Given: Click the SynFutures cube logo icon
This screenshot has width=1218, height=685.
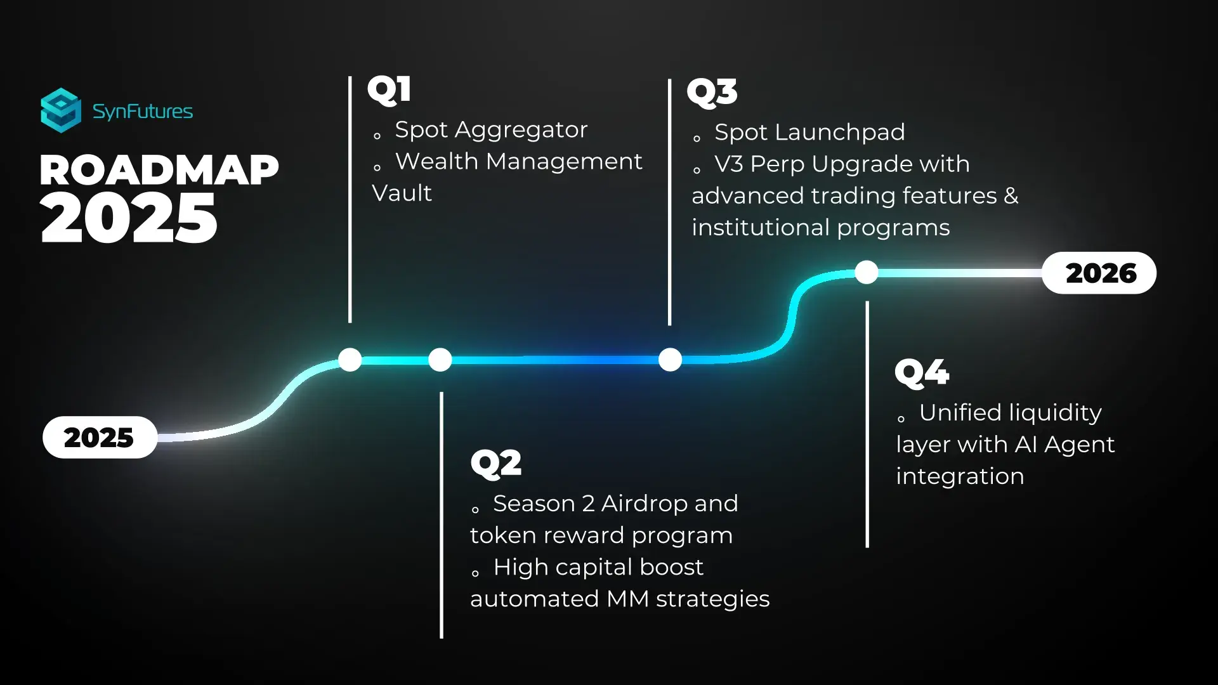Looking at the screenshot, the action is click(61, 110).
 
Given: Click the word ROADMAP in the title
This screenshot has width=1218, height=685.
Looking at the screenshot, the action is click(159, 170).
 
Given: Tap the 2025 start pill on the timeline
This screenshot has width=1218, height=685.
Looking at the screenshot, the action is click(100, 437).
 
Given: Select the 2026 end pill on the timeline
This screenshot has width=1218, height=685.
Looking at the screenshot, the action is click(1099, 273).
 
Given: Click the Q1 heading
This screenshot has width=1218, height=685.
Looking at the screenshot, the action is click(390, 89).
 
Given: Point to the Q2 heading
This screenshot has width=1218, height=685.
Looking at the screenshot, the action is click(496, 462).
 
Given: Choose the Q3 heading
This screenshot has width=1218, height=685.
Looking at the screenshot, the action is click(712, 92).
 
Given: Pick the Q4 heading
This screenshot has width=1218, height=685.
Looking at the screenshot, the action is click(922, 372).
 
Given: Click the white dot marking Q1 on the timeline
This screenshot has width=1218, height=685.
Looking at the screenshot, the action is click(350, 360).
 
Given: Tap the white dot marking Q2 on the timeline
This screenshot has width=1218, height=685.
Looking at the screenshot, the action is click(440, 360).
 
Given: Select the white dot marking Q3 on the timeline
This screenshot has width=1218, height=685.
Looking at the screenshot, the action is click(671, 360).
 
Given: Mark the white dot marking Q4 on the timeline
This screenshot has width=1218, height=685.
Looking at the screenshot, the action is click(867, 272).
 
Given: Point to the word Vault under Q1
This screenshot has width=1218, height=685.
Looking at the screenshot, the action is click(402, 193).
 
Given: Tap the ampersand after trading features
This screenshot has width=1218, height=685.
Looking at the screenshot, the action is click(1011, 196).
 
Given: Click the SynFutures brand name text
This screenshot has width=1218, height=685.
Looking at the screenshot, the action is click(143, 112).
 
